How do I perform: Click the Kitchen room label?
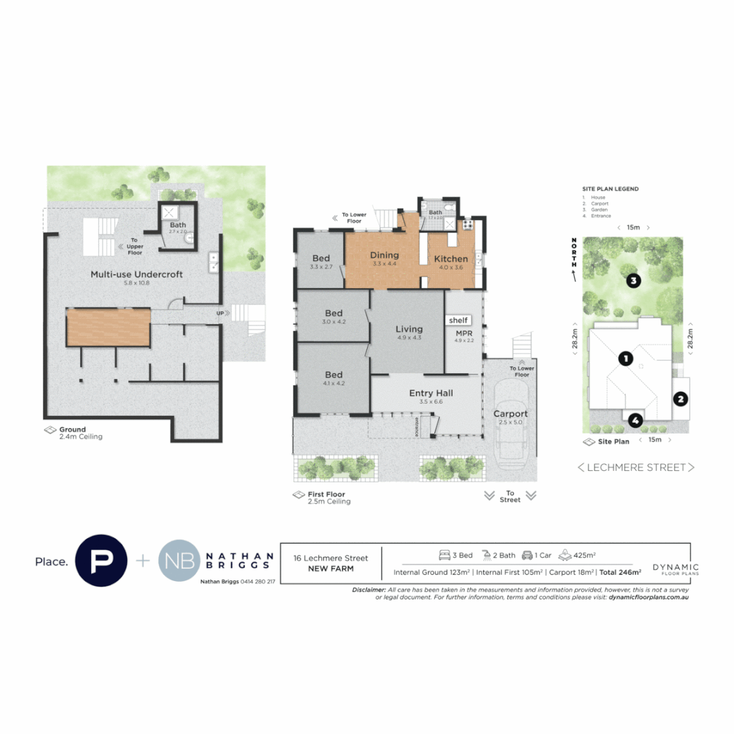[451, 259]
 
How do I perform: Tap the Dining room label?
[384, 256]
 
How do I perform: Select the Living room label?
[409, 330]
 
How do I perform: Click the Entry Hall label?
[431, 393]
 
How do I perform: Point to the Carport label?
[510, 413]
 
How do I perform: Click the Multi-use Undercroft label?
[137, 275]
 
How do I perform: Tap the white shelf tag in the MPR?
[459, 319]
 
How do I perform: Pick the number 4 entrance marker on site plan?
[634, 421]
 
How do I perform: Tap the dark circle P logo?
[101, 561]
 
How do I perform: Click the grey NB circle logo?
[179, 561]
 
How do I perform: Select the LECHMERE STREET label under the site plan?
[636, 468]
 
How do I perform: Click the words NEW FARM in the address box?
[331, 569]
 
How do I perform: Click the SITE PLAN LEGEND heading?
[610, 189]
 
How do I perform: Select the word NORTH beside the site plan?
[574, 250]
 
